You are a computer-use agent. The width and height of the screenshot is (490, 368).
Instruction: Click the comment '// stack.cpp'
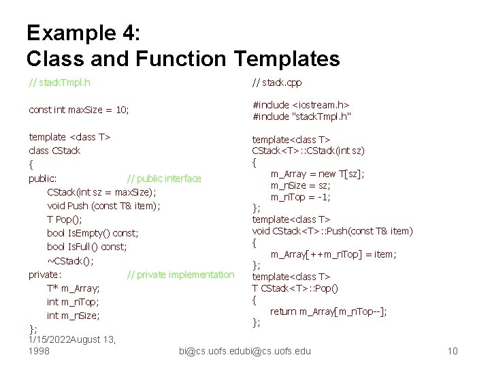tap(277, 83)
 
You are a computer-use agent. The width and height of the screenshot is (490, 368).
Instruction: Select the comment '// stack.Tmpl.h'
tap(61, 83)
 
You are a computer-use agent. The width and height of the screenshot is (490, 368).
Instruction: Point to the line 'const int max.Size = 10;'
tap(79, 109)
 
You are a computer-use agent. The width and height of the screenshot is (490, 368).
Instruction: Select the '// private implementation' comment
tap(180, 275)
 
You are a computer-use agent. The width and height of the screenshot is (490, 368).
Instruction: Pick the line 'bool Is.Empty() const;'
tap(93, 233)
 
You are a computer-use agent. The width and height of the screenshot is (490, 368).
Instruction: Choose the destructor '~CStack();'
tap(71, 260)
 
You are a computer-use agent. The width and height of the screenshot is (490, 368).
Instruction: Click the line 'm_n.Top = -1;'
tap(301, 197)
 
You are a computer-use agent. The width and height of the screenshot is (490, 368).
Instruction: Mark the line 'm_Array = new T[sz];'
tap(317, 174)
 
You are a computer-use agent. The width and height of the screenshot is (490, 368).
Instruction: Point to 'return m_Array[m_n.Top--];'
tap(329, 311)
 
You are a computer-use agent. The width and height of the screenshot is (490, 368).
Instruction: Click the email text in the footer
tap(244, 351)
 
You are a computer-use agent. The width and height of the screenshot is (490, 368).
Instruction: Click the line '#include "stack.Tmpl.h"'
tap(301, 117)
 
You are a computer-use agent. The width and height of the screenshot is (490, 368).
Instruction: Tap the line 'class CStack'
tap(54, 151)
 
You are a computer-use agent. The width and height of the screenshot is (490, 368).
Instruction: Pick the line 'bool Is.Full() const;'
tap(87, 247)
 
